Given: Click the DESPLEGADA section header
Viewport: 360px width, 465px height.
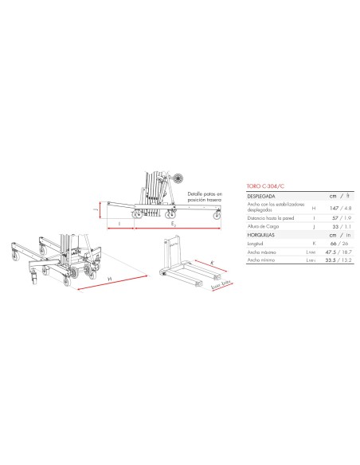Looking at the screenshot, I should [254, 193].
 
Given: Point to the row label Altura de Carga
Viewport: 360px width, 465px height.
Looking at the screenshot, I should [255, 225].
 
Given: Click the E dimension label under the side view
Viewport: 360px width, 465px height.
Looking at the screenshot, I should [174, 225].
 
